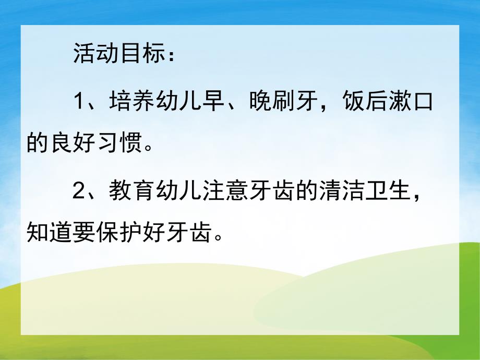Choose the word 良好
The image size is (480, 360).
pos(71,141)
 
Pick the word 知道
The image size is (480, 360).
pos(49,232)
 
